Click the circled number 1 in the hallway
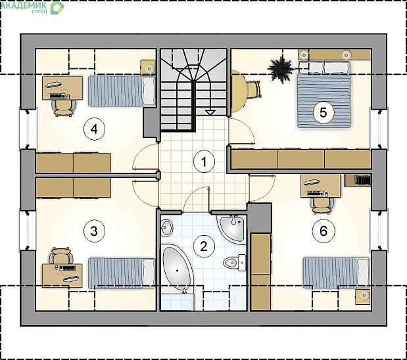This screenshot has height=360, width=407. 204,162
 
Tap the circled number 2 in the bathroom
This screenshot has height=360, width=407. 204,246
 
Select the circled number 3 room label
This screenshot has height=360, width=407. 94,231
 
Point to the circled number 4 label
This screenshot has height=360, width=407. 94,129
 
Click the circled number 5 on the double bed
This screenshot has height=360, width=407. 323,112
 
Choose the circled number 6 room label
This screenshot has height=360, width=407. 323,231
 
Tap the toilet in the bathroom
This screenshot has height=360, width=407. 234,263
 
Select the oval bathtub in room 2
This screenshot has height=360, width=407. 178,268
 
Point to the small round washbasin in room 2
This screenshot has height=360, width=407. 166,228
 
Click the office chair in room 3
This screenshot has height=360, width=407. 61,256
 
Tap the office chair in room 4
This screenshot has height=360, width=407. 63,108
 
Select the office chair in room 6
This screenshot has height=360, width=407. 322,205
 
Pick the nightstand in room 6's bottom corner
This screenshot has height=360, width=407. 362,296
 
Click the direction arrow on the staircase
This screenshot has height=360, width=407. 210,112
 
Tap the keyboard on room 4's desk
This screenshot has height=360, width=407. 57,96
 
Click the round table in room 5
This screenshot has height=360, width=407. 238,91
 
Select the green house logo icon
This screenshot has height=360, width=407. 57,7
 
